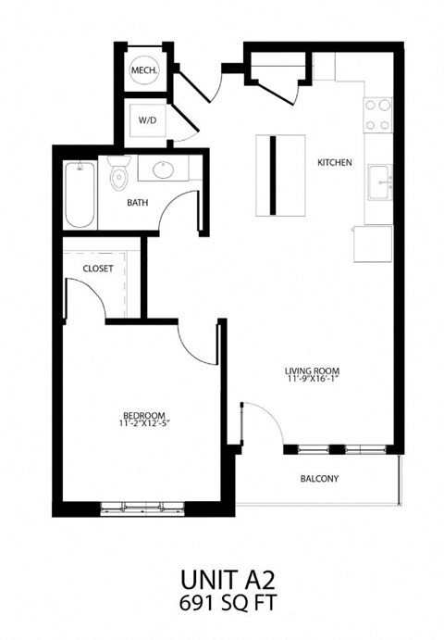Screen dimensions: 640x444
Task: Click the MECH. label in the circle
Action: (143, 70)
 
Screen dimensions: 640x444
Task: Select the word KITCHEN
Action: (334, 162)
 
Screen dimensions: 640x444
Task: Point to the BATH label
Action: (138, 202)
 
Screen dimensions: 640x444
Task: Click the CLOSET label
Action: (98, 269)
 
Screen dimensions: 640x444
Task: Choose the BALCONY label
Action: (319, 479)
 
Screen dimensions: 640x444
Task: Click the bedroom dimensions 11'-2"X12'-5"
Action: (144, 424)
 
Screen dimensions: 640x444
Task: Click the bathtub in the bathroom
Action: (80, 194)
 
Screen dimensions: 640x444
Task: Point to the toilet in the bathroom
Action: (117, 176)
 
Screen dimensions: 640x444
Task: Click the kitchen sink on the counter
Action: (379, 182)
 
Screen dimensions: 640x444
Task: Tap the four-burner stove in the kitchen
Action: (377, 114)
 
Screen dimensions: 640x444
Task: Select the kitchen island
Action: (280, 173)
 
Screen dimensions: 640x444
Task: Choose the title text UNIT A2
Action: (223, 580)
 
